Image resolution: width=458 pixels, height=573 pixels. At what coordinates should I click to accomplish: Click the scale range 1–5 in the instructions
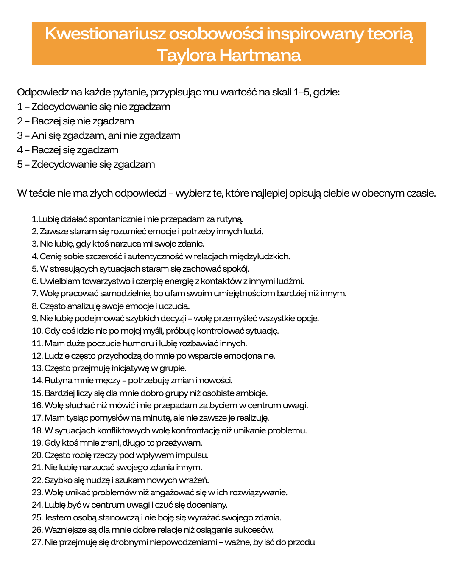302,92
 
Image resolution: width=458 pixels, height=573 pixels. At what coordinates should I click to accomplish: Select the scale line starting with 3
99,135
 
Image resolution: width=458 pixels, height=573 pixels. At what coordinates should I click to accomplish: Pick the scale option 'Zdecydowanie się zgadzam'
86,164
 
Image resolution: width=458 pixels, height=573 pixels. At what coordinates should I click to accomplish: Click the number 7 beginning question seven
34,293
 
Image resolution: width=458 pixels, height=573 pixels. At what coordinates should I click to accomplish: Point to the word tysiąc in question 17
78,418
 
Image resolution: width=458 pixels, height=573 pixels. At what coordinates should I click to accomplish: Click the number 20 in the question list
37,455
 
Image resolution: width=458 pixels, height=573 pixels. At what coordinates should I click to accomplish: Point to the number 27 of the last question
37,542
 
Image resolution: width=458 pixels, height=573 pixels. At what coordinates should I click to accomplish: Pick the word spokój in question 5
236,269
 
